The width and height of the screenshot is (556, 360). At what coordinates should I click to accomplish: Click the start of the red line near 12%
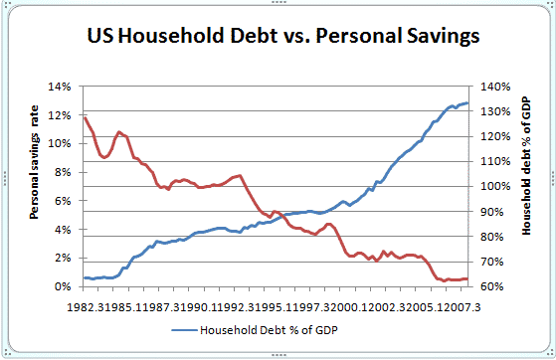pyautogui.click(x=86, y=118)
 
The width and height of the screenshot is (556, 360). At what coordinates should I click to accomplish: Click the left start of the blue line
pyautogui.click(x=86, y=277)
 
